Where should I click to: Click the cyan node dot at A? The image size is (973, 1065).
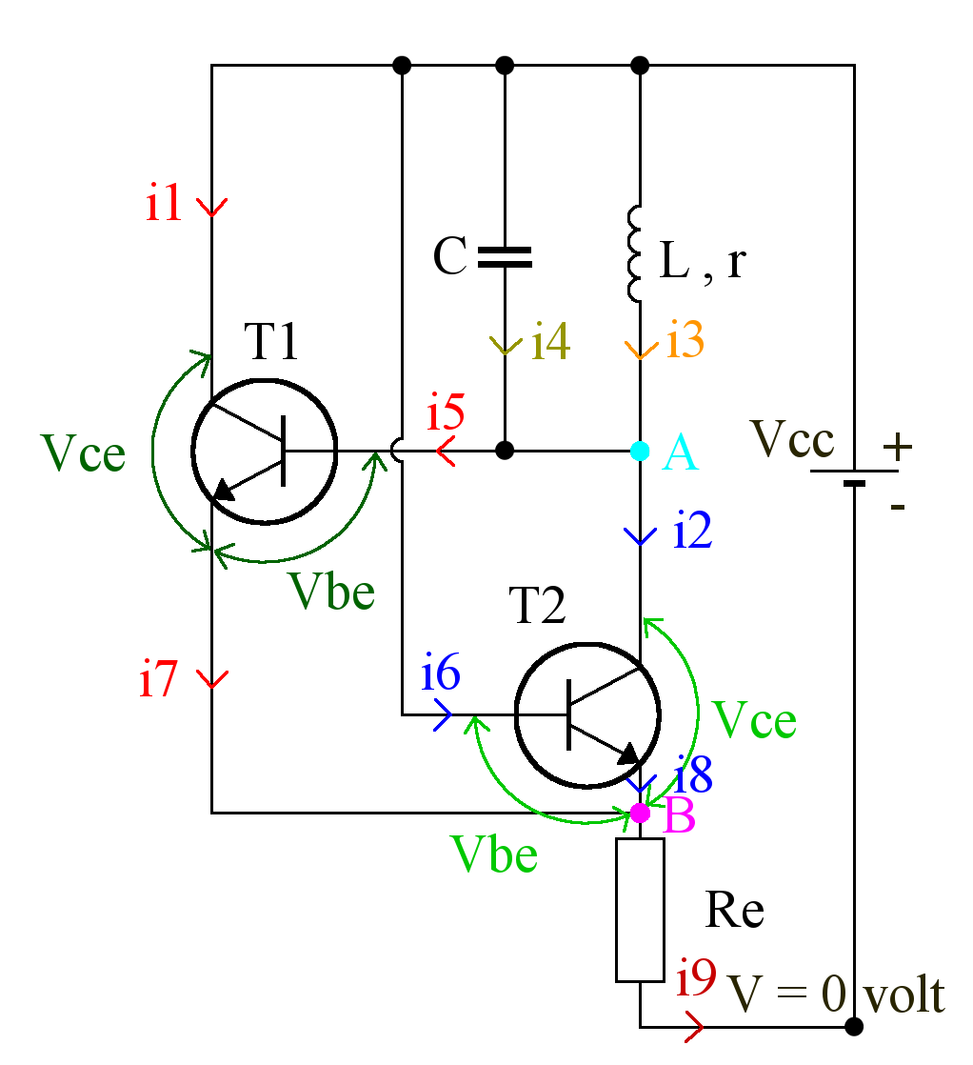641,450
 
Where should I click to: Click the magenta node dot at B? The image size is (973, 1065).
641,813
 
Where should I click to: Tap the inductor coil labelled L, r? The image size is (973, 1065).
636,253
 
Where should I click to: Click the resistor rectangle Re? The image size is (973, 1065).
640,910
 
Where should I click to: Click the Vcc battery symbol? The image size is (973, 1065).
854,476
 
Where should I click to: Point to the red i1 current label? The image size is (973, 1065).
164,204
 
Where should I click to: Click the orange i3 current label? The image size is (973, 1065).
685,340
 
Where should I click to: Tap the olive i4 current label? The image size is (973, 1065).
551,341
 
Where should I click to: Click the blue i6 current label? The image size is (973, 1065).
441,675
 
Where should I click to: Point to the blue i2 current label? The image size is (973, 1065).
694,532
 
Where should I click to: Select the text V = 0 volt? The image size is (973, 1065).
836,995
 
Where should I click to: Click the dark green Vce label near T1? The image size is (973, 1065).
84,454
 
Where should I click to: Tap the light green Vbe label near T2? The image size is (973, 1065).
495,854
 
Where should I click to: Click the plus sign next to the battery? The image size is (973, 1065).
897,445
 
